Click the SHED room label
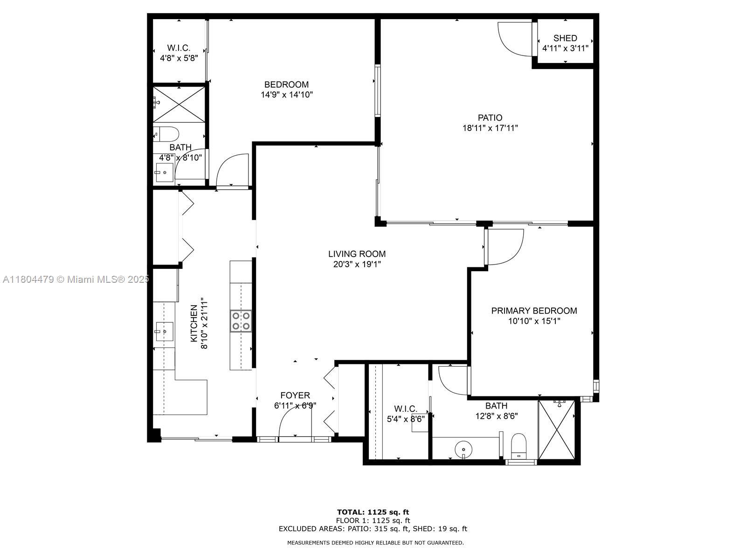(565, 38)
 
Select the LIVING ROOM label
(357, 254)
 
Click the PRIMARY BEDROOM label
(534, 311)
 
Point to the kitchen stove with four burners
(241, 321)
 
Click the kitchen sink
(164, 332)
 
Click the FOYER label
(295, 395)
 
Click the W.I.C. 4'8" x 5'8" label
(179, 53)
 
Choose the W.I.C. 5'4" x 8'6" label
(406, 414)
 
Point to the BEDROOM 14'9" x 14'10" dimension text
(286, 95)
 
